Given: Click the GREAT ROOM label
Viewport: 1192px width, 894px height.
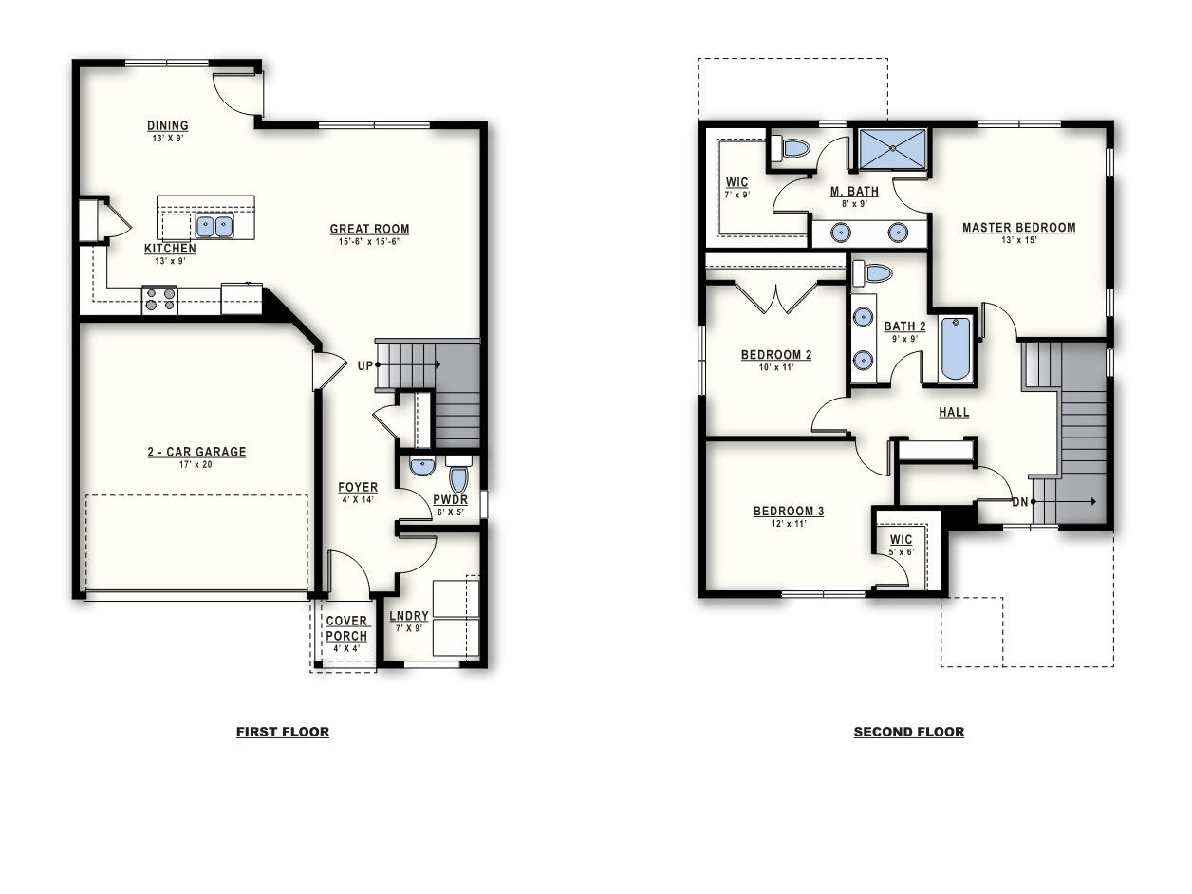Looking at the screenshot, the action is pyautogui.click(x=369, y=229).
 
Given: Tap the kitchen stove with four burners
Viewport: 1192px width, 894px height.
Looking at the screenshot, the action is pyautogui.click(x=159, y=300).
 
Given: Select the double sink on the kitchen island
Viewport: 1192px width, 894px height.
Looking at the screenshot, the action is pyautogui.click(x=214, y=227).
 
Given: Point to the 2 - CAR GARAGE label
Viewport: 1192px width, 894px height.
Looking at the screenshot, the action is pyautogui.click(x=196, y=452).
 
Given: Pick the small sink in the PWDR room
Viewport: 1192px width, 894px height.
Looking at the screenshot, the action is pyautogui.click(x=422, y=466).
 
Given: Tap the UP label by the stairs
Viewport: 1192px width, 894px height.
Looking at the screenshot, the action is pyautogui.click(x=365, y=365).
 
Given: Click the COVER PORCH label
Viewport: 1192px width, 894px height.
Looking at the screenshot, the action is pyautogui.click(x=346, y=628).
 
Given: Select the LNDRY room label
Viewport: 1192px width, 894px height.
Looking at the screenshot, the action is pyautogui.click(x=409, y=616).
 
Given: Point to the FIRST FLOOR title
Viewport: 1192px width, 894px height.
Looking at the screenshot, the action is pyautogui.click(x=283, y=732).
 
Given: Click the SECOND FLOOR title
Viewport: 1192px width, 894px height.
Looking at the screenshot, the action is pyautogui.click(x=909, y=732).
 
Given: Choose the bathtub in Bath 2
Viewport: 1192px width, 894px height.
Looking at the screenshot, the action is pyautogui.click(x=956, y=348).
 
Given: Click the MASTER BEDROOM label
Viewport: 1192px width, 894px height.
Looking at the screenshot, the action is pyautogui.click(x=1018, y=228).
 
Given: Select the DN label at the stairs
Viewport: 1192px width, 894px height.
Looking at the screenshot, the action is pyautogui.click(x=1020, y=502).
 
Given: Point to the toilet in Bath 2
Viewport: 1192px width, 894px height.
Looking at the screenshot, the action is pyautogui.click(x=871, y=273).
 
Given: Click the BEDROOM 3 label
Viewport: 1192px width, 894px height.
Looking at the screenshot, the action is pyautogui.click(x=789, y=511).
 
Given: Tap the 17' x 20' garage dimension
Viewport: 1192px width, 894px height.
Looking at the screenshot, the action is pyautogui.click(x=197, y=465).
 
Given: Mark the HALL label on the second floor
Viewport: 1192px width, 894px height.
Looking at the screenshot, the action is pyautogui.click(x=954, y=412).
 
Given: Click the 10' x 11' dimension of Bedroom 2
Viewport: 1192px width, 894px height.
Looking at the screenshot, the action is pyautogui.click(x=776, y=367).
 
